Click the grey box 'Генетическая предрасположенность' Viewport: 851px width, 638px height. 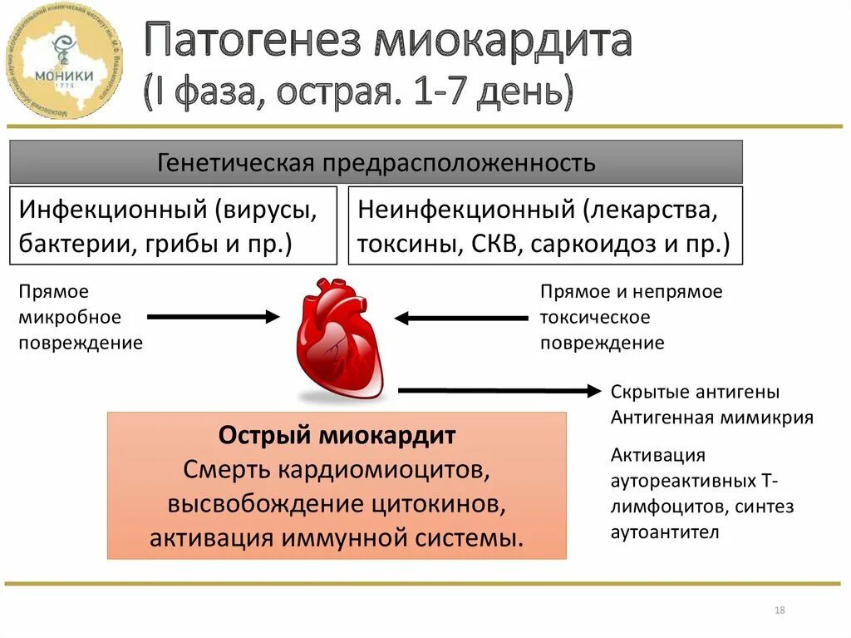376,162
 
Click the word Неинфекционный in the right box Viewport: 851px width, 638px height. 467,210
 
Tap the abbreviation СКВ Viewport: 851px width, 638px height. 492,245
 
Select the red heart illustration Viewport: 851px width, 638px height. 341,339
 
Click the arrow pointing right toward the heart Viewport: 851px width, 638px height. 213,316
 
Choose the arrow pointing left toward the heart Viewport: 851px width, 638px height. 460,318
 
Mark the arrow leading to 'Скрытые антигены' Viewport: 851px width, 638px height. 499,389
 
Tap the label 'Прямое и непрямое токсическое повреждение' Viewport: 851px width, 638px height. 631,317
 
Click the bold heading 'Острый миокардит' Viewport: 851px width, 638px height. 337,435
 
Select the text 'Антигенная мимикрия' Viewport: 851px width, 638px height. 711,418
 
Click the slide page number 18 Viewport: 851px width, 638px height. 780,611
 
